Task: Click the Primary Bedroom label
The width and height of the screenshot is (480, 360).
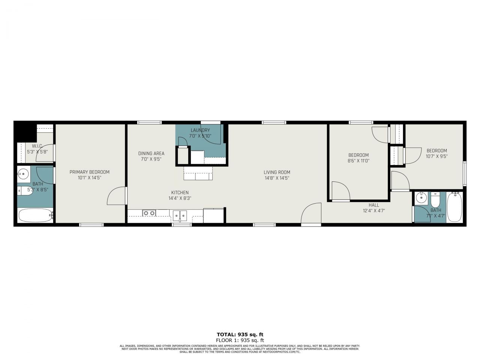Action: [89, 172]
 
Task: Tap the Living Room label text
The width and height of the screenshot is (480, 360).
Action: [277, 172]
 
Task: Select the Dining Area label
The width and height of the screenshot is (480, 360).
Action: [151, 153]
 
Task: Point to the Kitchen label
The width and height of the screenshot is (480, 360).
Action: [180, 193]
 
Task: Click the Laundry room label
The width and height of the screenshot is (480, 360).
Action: [200, 130]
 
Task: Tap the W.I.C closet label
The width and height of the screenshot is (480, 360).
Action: [37, 146]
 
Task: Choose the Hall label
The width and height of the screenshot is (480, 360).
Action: [373, 205]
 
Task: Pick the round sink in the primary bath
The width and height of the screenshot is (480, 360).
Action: [23, 174]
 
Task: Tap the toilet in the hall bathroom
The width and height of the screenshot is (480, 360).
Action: [435, 199]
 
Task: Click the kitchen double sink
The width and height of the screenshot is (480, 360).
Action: [180, 215]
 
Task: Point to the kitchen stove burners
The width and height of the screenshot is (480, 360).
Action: [149, 213]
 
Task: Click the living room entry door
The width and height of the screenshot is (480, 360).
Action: [311, 214]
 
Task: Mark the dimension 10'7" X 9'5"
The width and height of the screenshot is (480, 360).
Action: [436, 156]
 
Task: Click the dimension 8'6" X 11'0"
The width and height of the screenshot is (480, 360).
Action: [358, 160]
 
